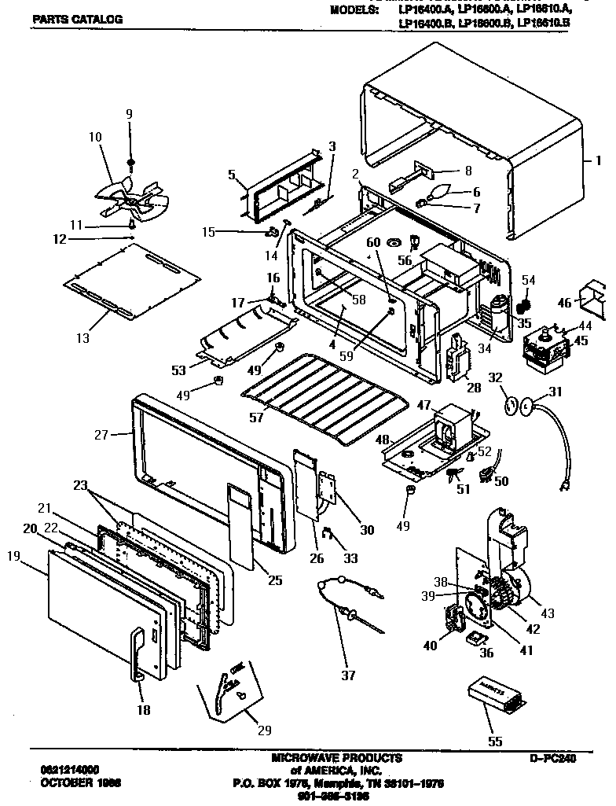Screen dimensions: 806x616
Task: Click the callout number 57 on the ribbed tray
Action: click(256, 417)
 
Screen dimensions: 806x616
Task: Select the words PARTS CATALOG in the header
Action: click(77, 19)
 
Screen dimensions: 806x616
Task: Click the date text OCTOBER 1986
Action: click(75, 784)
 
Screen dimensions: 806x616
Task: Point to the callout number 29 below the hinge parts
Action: click(264, 731)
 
